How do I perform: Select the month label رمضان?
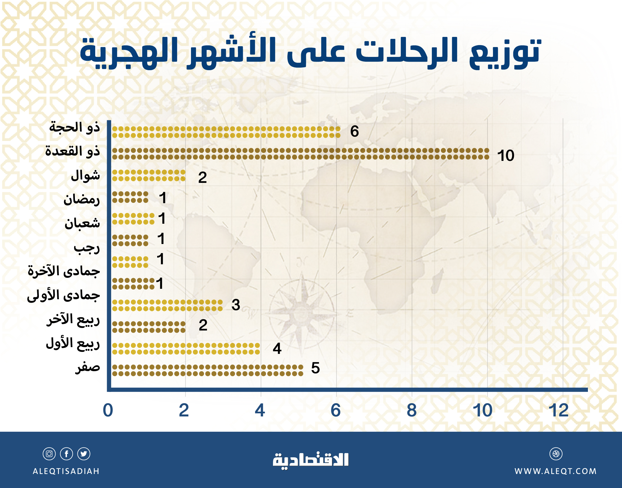81,199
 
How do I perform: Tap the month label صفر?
87,367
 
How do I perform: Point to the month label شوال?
85,175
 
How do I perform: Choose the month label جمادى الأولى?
63,295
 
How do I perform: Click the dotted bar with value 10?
300,154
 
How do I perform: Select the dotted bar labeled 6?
226,132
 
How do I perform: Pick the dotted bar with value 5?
207,370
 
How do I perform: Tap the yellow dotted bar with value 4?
186,349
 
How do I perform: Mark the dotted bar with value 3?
167,305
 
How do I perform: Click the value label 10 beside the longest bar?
505,156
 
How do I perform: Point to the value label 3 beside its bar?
236,305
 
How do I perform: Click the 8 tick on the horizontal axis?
412,411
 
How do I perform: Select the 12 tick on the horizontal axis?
559,411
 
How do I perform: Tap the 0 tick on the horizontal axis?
108,411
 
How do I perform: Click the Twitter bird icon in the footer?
84,454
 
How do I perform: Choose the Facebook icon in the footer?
66,454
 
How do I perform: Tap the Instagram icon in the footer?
49,454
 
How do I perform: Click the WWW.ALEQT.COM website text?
556,471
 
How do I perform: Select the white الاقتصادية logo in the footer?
311,460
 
